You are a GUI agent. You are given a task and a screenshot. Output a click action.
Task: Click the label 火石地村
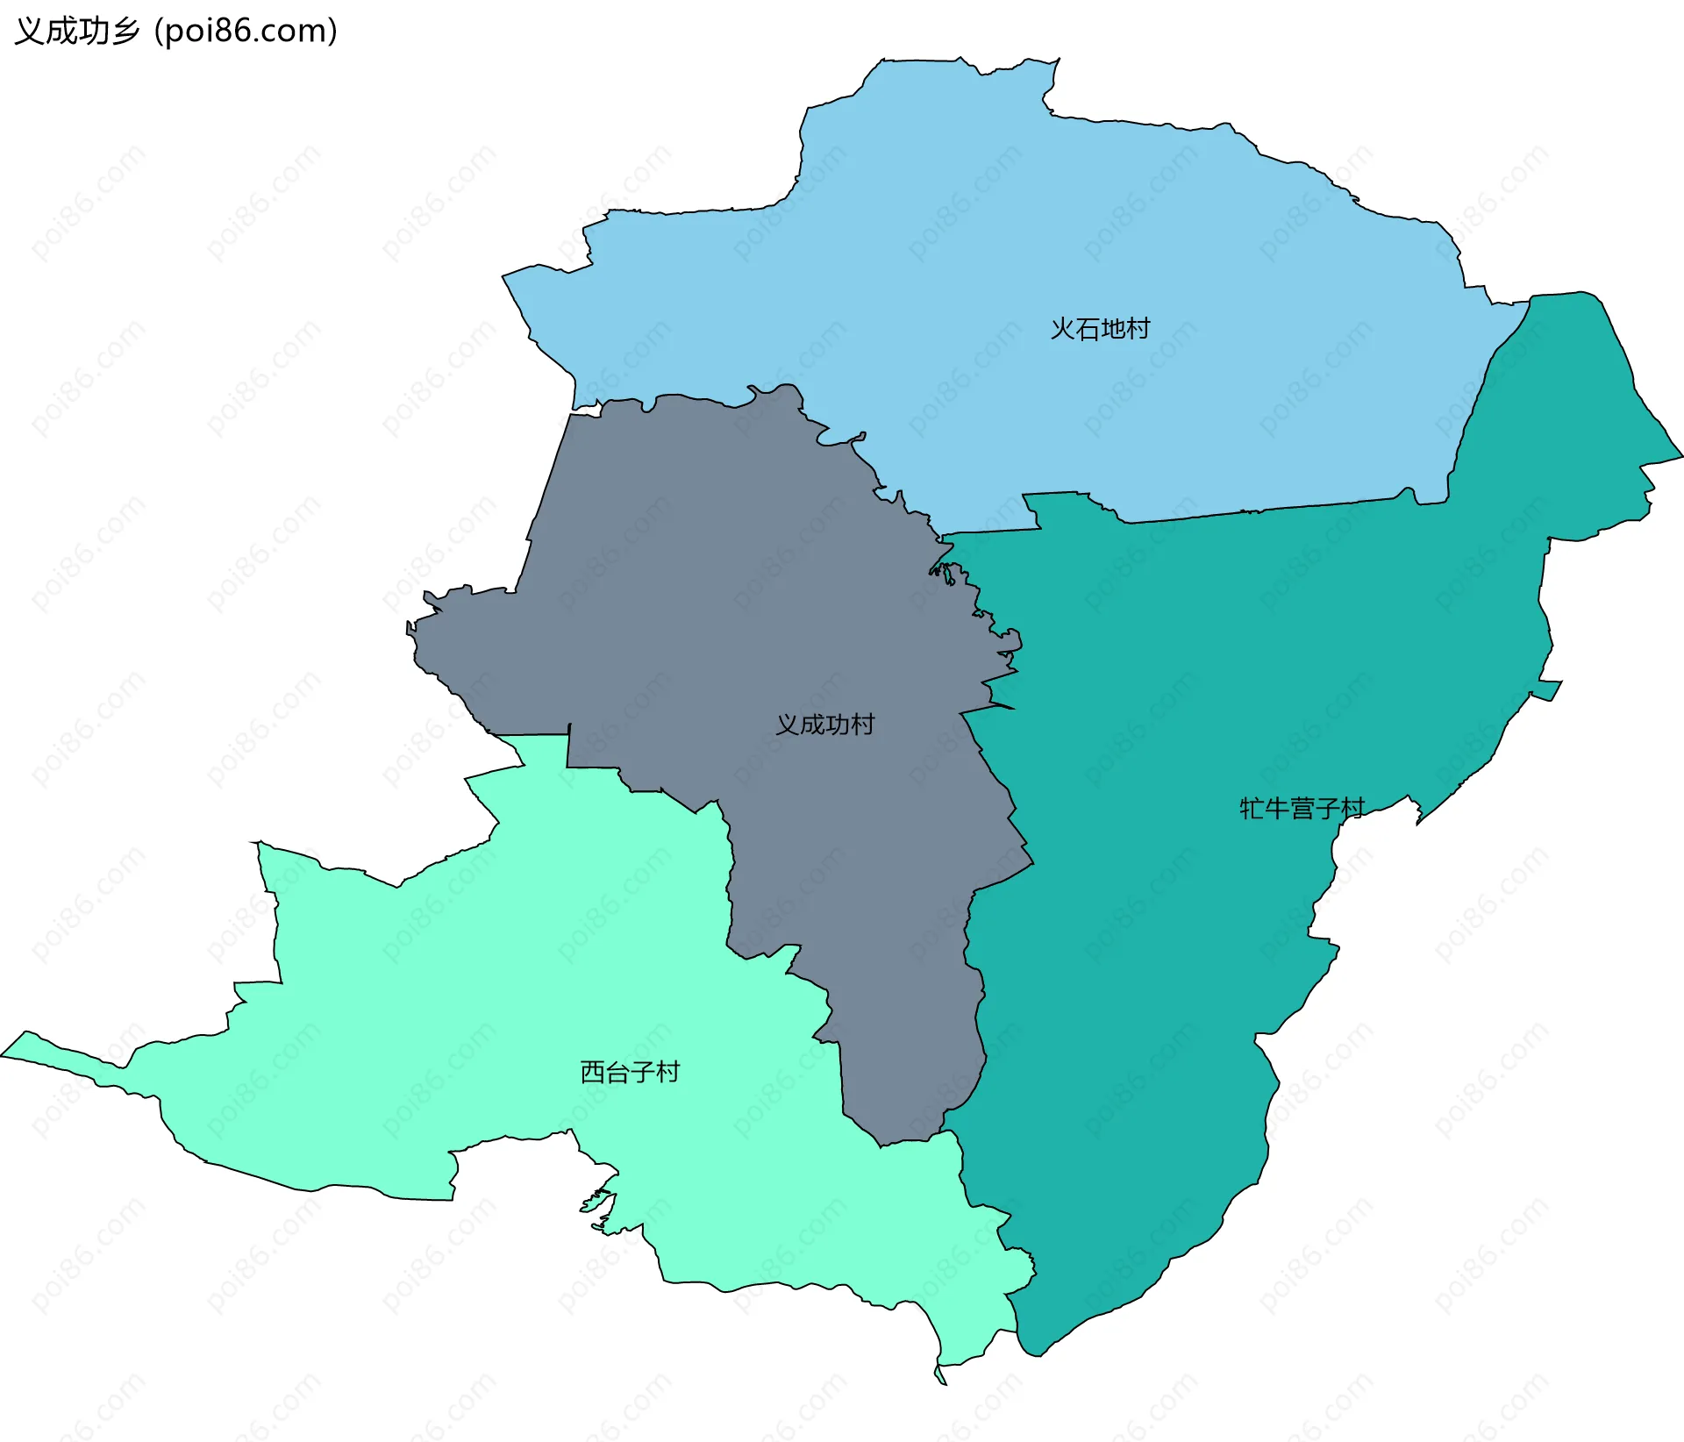(1100, 329)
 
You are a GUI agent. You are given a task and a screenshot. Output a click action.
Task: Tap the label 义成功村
(824, 725)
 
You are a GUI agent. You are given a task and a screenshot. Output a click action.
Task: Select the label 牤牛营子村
(1302, 808)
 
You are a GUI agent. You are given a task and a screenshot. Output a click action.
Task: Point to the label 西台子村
(630, 1072)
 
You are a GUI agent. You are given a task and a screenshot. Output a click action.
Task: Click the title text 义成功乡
(77, 32)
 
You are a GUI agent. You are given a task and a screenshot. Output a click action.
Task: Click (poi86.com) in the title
(246, 32)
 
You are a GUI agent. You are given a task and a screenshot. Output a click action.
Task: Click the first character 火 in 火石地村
(1063, 329)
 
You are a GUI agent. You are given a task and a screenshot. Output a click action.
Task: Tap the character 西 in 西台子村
(593, 1072)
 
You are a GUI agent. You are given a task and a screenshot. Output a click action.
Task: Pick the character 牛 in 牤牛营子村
(1277, 808)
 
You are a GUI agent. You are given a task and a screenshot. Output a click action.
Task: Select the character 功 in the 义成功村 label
(837, 725)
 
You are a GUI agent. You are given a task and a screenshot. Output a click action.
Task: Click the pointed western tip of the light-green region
(4, 1055)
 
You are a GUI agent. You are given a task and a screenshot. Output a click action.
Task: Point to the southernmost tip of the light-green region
(942, 1383)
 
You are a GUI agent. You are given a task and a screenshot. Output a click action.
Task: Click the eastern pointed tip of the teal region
(1680, 456)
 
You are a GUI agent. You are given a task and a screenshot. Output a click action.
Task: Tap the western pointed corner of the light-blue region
(503, 277)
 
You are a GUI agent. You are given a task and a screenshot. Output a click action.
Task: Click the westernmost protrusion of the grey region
(409, 628)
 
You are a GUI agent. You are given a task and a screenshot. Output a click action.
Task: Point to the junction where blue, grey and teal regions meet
(942, 534)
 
